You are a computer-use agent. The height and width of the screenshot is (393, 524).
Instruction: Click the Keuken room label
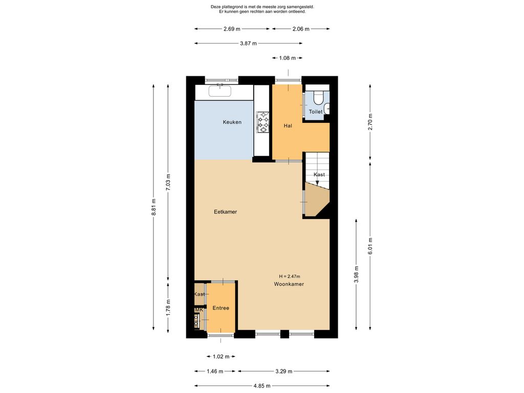(x=232, y=122)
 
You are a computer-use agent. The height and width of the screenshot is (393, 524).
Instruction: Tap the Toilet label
(x=316, y=112)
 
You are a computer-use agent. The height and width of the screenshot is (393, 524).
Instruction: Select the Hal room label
(x=288, y=126)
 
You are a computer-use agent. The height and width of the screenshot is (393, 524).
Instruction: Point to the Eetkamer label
(x=226, y=212)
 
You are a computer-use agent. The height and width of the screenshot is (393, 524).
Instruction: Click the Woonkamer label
(x=289, y=285)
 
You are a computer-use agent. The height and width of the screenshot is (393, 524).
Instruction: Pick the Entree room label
(x=221, y=308)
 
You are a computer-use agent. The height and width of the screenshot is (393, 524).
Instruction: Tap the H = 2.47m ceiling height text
(x=290, y=276)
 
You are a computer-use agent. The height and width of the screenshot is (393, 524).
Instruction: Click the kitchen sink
(x=220, y=91)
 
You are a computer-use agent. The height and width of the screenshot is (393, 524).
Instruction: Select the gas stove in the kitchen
(x=263, y=122)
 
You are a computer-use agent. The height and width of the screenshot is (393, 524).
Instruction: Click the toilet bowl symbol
(x=318, y=98)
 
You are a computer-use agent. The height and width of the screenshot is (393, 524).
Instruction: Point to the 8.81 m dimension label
(x=154, y=207)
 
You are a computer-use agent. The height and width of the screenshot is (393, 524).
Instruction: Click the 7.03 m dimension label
(x=168, y=183)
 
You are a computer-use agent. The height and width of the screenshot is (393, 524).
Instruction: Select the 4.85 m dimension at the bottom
(x=262, y=386)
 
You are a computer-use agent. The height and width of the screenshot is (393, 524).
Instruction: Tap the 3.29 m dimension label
(x=283, y=372)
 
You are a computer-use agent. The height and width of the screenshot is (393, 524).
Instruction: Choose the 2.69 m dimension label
(x=232, y=29)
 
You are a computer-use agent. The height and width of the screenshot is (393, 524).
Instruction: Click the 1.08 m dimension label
(x=288, y=58)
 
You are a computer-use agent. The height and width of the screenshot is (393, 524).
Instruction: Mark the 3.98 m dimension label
(x=356, y=274)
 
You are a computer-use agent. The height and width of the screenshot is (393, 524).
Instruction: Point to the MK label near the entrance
(x=199, y=310)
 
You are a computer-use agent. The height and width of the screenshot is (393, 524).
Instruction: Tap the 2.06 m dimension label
(x=301, y=29)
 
